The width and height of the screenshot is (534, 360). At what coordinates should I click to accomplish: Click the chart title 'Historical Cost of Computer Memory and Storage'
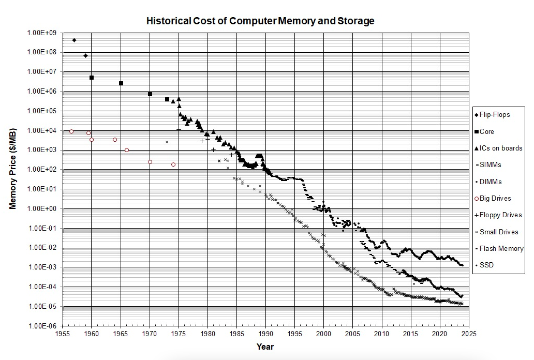point(260,21)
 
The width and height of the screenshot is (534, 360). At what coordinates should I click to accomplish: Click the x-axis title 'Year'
point(265,347)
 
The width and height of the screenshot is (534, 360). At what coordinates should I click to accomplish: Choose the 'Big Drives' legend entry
point(495,198)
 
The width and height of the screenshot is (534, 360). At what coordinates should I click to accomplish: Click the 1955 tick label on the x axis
point(63,334)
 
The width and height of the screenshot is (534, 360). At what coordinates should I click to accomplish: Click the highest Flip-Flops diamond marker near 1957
point(74,40)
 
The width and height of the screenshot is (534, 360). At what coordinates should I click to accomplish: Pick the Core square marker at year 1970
point(150,94)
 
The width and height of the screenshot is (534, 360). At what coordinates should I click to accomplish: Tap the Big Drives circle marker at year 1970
point(150,162)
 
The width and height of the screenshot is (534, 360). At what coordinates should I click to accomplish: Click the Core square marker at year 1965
point(121,83)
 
